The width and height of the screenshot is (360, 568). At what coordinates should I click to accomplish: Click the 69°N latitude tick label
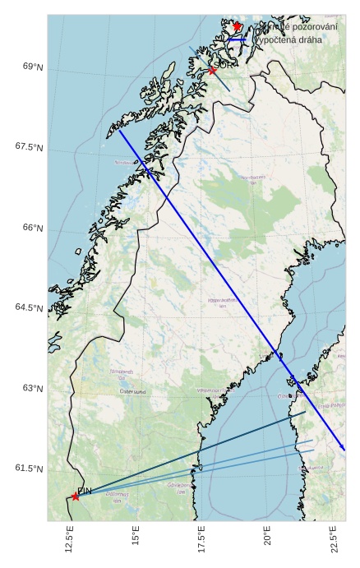[x=32, y=67]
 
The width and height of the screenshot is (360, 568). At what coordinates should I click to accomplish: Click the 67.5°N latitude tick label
[x=29, y=147]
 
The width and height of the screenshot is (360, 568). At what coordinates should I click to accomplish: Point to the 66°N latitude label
[x=32, y=228]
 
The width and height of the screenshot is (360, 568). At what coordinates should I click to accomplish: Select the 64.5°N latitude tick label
[x=29, y=308]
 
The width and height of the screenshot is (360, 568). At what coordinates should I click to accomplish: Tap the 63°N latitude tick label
[x=32, y=388]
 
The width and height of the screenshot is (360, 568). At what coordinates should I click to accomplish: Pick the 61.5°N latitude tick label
[x=29, y=469]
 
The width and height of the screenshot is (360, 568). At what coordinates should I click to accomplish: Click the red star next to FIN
[x=76, y=496]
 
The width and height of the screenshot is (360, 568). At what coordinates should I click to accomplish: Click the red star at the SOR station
[x=212, y=71]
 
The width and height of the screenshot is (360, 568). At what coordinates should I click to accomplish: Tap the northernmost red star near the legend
[x=237, y=26]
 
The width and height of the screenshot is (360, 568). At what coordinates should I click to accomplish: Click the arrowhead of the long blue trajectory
[x=344, y=450]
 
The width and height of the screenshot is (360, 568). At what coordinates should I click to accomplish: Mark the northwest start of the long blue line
[x=119, y=130]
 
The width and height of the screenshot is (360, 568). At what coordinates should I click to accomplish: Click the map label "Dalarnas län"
[x=118, y=497]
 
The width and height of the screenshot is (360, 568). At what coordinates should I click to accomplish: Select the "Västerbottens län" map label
[x=222, y=302]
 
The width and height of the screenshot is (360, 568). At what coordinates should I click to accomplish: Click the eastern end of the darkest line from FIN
[x=306, y=412]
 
